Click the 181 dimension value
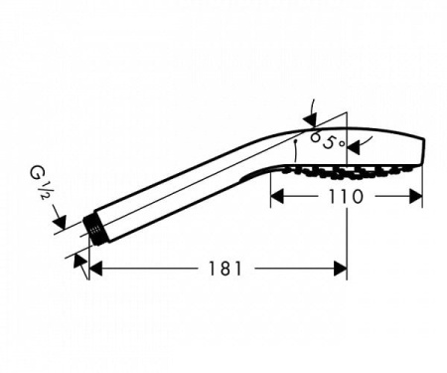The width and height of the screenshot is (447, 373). click(225, 269)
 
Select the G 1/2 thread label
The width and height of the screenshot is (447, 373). click(41, 183)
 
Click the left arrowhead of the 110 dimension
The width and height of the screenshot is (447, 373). click(277, 196)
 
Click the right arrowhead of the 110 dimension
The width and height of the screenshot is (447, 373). click(416, 196)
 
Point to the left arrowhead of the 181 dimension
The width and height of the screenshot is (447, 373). click(96, 269)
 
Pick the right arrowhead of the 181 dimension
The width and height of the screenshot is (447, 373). click(341, 269)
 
